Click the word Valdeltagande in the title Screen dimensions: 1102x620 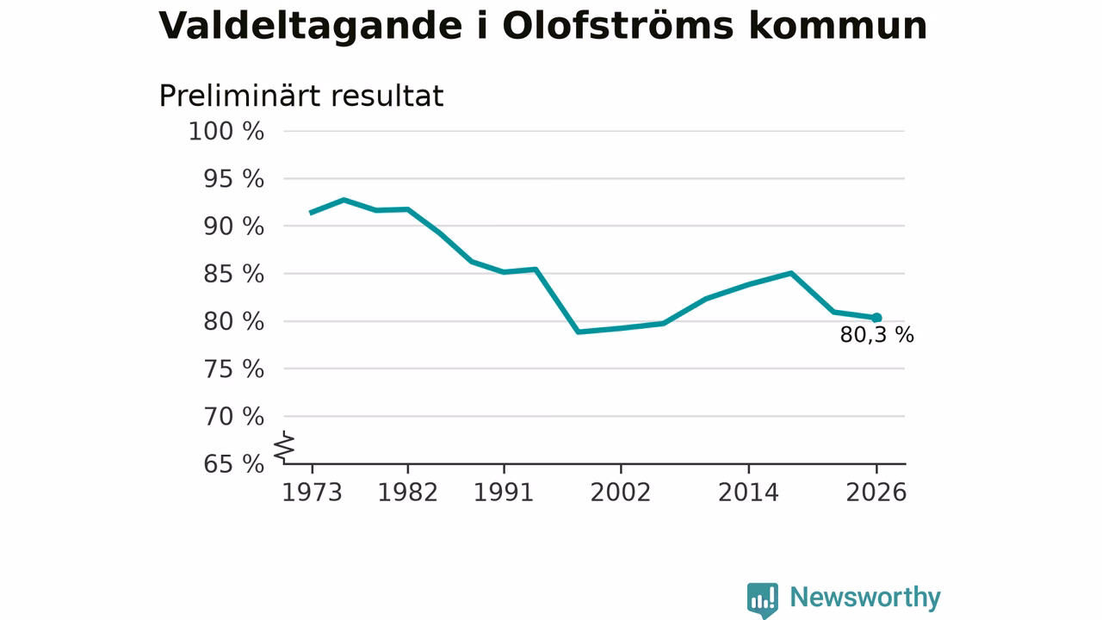click(x=311, y=26)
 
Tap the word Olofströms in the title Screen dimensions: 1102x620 click(x=618, y=25)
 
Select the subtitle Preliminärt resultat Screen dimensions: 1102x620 click(x=301, y=96)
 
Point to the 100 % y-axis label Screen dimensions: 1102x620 click(x=226, y=132)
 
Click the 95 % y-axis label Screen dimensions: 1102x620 click(x=233, y=179)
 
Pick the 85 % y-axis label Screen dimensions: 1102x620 click(x=233, y=274)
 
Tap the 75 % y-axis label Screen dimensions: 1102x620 click(x=233, y=369)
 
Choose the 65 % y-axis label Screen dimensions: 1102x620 click(x=233, y=464)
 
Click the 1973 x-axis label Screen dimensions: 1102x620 click(x=312, y=493)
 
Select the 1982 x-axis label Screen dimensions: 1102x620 click(x=408, y=493)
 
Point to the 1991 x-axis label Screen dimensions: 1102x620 click(x=504, y=493)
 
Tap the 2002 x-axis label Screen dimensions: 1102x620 click(x=621, y=493)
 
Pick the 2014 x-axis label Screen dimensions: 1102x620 click(x=749, y=493)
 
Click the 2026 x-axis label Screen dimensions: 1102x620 click(x=876, y=493)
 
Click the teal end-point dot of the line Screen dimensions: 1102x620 click(x=876, y=318)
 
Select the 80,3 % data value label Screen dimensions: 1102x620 click(x=876, y=335)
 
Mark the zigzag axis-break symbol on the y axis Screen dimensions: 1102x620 click(x=284, y=447)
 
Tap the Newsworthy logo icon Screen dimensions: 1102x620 click(x=763, y=600)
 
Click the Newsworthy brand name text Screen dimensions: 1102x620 click(x=865, y=598)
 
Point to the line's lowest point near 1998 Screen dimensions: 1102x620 click(x=579, y=332)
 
